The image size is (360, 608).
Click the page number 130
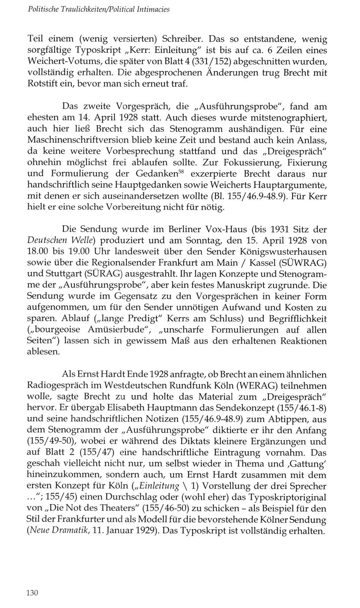coord(33,593)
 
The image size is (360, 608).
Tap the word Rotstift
coord(43,83)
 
